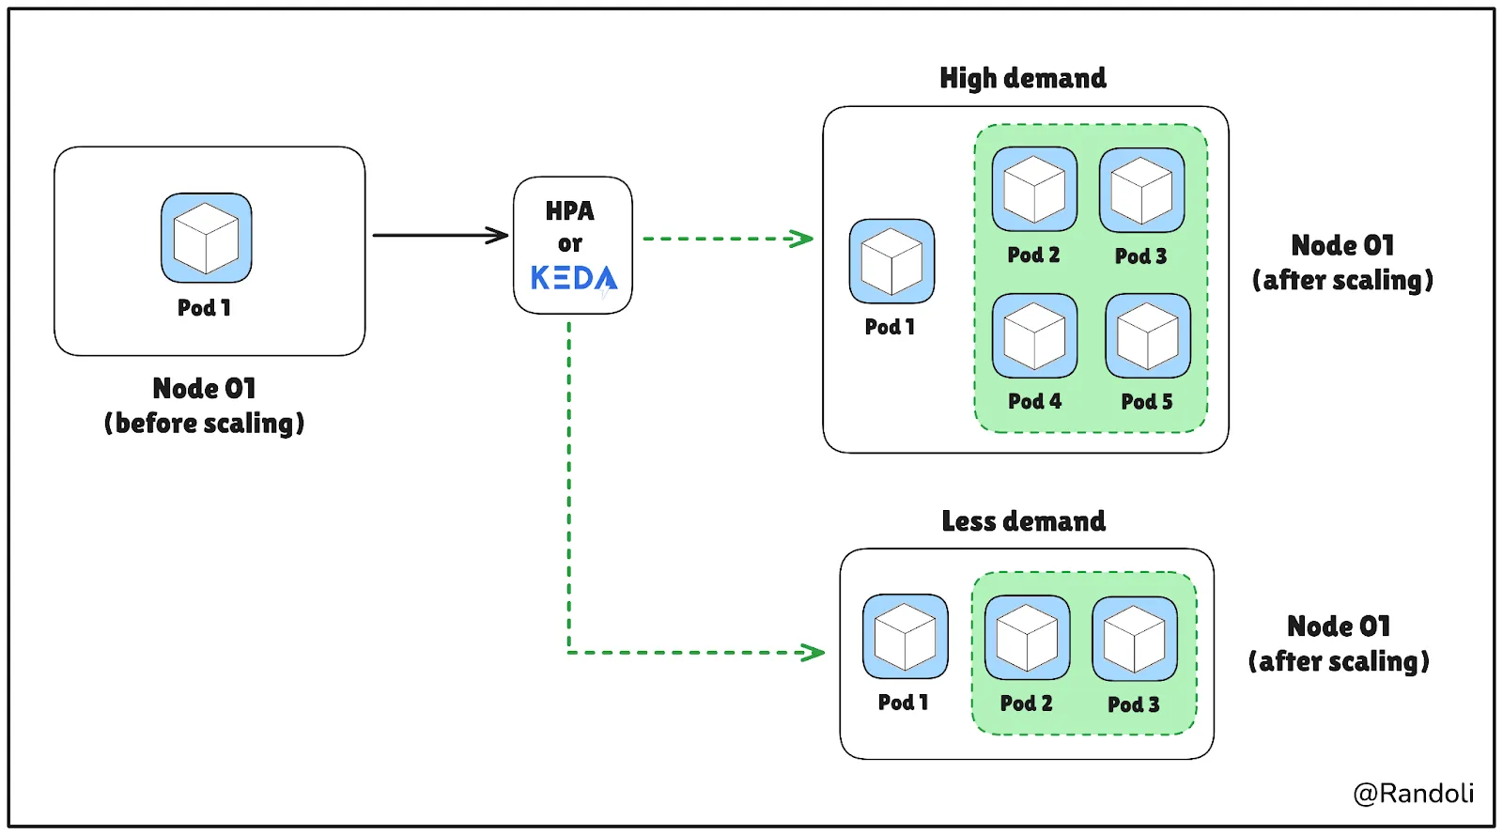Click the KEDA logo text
pos(574,278)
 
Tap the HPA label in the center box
pos(569,211)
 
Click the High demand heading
pos(1023,78)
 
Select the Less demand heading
pos(1023,521)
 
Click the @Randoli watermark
pos(1413,794)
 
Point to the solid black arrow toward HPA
pos(441,236)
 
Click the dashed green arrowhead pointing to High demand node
pos(802,238)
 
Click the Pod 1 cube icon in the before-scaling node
pos(207,238)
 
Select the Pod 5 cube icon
pos(1148,336)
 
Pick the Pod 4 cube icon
pos(1034,336)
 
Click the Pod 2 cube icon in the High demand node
pos(1034,190)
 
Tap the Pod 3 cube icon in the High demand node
pos(1142,191)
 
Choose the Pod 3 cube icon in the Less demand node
pos(1135,639)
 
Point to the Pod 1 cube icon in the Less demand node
pos(906,637)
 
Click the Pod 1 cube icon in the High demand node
pos(891,261)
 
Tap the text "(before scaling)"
pos(204,424)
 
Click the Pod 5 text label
pos(1147,402)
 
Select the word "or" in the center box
pos(569,243)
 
